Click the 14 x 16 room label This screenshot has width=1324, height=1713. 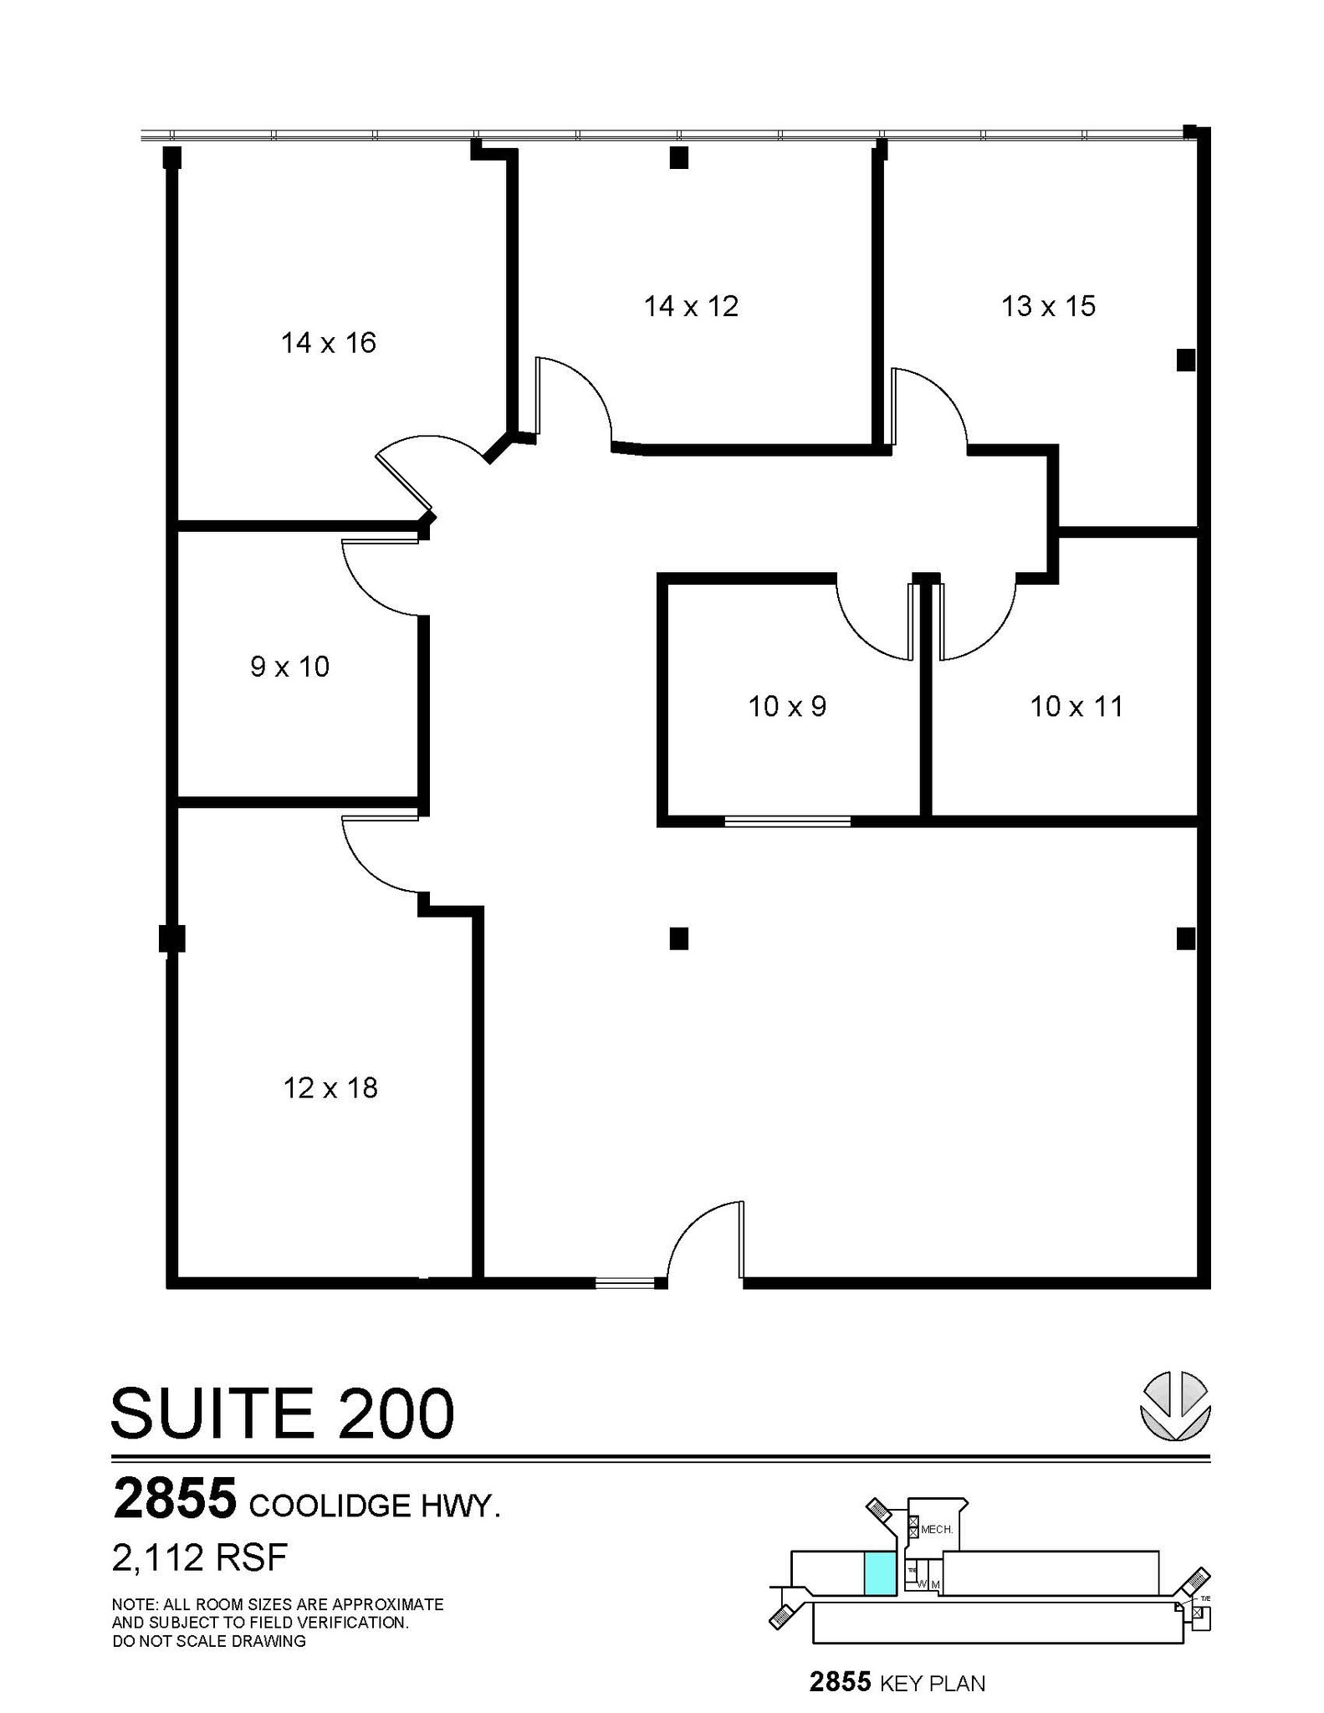pyautogui.click(x=328, y=343)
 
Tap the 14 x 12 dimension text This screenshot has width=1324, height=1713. pyautogui.click(x=691, y=306)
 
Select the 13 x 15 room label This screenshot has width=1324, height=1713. pyautogui.click(x=1048, y=306)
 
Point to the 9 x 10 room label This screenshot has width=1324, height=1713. pyautogui.click(x=289, y=667)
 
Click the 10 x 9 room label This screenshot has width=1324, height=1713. pyautogui.click(x=787, y=707)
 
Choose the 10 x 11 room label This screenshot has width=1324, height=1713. pyautogui.click(x=1076, y=707)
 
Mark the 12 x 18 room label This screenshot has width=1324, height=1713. pyautogui.click(x=330, y=1088)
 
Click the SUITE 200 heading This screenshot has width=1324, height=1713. pyautogui.click(x=283, y=1414)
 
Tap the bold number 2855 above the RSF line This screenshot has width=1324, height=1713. pyautogui.click(x=175, y=1498)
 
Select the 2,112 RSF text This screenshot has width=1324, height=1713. pyautogui.click(x=200, y=1557)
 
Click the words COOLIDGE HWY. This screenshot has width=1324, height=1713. pyautogui.click(x=375, y=1506)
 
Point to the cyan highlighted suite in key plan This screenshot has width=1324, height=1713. pyautogui.click(x=879, y=1573)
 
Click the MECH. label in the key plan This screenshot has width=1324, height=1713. pyautogui.click(x=937, y=1529)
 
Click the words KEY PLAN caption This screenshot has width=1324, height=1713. pyautogui.click(x=932, y=1683)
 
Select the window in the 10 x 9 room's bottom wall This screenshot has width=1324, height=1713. pyautogui.click(x=787, y=821)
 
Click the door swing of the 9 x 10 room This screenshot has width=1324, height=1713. pyautogui.click(x=381, y=577)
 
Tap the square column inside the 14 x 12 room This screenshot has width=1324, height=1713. pyautogui.click(x=678, y=157)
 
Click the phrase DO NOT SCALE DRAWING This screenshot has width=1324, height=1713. pyautogui.click(x=209, y=1641)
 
